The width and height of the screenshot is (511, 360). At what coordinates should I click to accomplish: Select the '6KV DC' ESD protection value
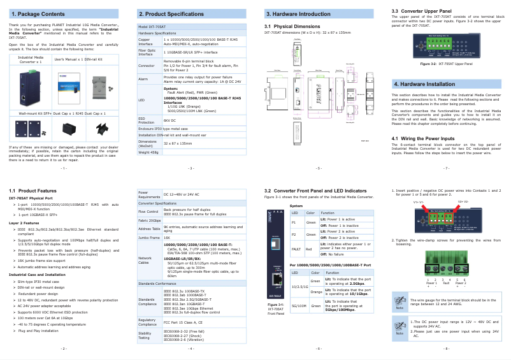point(169,120)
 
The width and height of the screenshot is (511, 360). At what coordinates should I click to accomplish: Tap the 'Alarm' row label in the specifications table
point(143,79)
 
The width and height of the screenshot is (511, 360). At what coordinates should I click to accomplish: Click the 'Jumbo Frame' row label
point(147,236)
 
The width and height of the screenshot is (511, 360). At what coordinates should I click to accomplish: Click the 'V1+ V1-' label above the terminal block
point(418,202)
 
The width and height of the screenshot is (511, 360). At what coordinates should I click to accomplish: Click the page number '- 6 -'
point(319,349)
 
